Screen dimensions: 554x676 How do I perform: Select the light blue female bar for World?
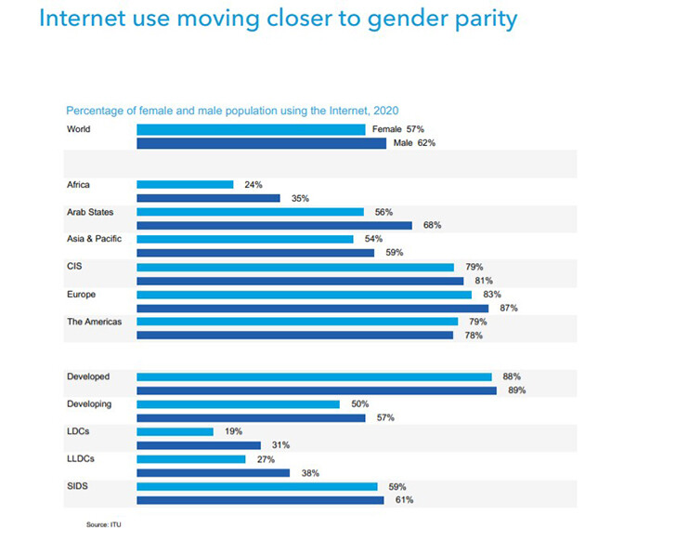click(251, 129)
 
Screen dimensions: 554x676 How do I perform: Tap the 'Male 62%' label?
click(414, 143)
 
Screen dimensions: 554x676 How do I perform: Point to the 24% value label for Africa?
click(253, 184)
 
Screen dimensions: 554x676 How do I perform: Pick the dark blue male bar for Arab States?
click(274, 225)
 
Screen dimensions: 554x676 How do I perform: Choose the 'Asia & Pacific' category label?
click(94, 239)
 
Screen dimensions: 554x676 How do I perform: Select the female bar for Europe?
click(304, 294)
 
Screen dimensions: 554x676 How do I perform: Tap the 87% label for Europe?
click(508, 308)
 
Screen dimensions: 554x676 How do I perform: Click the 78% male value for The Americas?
click(473, 335)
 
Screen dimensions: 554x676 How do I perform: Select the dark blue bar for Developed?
click(317, 390)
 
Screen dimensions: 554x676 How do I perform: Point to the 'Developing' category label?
click(89, 404)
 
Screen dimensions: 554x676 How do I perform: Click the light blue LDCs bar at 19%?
click(175, 431)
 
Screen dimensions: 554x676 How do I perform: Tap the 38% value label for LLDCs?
click(309, 472)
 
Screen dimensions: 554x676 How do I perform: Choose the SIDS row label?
click(76, 486)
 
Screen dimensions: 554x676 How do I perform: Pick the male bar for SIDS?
click(260, 500)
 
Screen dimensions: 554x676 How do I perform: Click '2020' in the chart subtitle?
click(386, 111)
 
